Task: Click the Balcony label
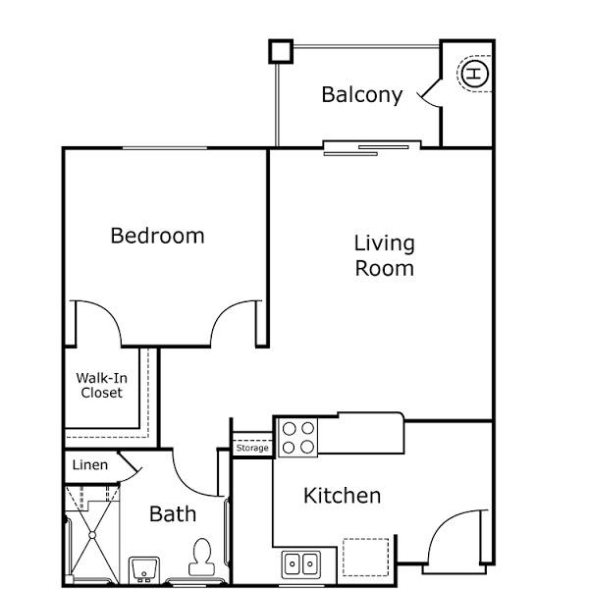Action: click(x=362, y=95)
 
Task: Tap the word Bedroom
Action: click(x=157, y=236)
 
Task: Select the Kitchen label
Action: click(x=342, y=496)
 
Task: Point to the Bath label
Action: click(x=173, y=513)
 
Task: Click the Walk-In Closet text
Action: click(x=102, y=385)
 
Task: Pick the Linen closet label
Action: click(x=90, y=465)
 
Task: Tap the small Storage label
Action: click(x=252, y=448)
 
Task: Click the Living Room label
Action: click(x=384, y=256)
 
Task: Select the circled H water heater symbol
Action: click(x=475, y=74)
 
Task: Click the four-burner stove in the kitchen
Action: click(x=297, y=438)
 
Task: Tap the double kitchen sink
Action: click(x=301, y=564)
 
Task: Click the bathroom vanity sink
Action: click(x=144, y=569)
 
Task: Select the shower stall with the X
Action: click(x=92, y=535)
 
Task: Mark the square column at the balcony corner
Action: click(x=281, y=51)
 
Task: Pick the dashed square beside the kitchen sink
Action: click(x=365, y=557)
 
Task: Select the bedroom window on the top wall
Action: click(x=165, y=148)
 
